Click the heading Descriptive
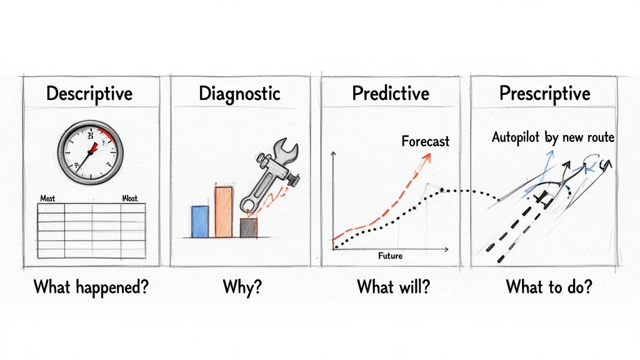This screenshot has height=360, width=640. click(89, 94)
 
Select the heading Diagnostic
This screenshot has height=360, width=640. click(239, 94)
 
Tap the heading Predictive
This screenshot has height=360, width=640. click(391, 94)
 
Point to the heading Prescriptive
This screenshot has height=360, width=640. click(545, 94)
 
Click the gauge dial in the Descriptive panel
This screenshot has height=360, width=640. click(90, 152)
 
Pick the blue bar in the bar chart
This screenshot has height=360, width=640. click(199, 221)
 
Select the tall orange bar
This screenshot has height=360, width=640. click(223, 211)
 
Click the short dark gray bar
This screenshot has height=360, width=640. click(248, 227)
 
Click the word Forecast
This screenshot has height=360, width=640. click(425, 141)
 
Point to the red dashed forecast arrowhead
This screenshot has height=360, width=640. click(428, 157)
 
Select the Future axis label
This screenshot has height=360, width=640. click(391, 256)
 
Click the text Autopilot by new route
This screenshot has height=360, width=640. click(551, 138)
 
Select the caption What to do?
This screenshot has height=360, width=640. click(549, 287)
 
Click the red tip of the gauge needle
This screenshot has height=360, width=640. click(95, 147)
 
